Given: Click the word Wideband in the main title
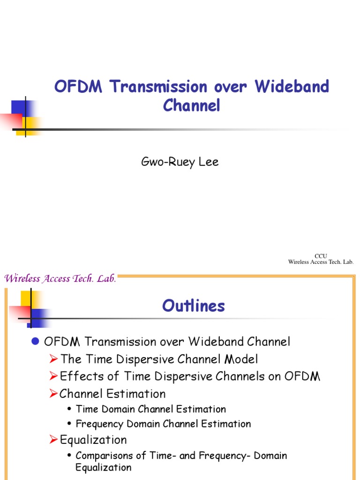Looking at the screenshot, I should [292, 87].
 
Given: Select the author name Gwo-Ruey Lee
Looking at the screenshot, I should [180, 162].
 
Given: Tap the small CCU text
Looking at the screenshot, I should [321, 255].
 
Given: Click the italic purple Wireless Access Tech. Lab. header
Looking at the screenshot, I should [60, 279].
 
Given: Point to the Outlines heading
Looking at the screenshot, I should [194, 306].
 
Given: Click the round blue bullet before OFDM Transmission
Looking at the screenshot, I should [35, 342].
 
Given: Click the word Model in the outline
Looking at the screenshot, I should [241, 360].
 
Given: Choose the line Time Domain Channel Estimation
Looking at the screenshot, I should [150, 409].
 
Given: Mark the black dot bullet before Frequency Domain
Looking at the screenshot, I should [69, 425].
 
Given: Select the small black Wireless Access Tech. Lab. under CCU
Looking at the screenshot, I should [321, 262].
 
